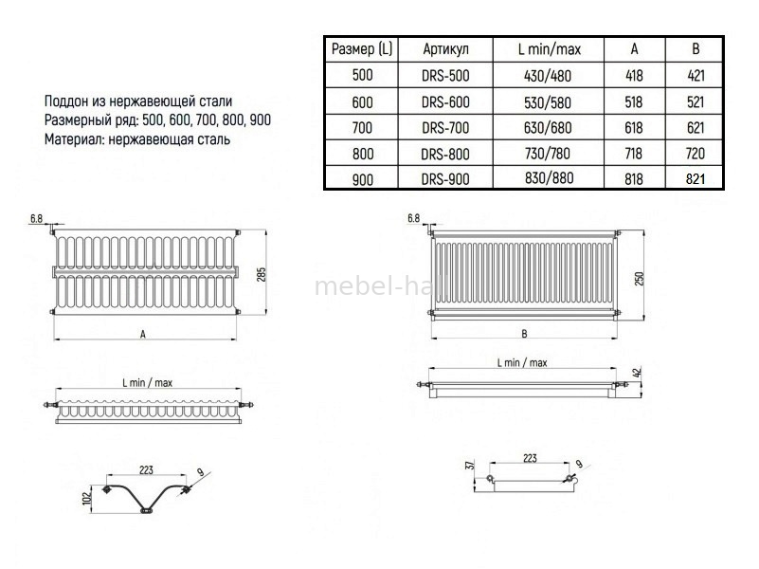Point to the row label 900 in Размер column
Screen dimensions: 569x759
[362, 178]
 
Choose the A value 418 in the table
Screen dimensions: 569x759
[633, 75]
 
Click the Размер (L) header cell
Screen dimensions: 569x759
[362, 48]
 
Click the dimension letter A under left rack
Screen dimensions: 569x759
[142, 333]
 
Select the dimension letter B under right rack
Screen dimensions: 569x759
[524, 333]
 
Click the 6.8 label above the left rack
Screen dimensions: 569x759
[37, 219]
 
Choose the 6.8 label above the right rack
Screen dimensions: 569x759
[413, 218]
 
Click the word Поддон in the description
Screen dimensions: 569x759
[67, 101]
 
